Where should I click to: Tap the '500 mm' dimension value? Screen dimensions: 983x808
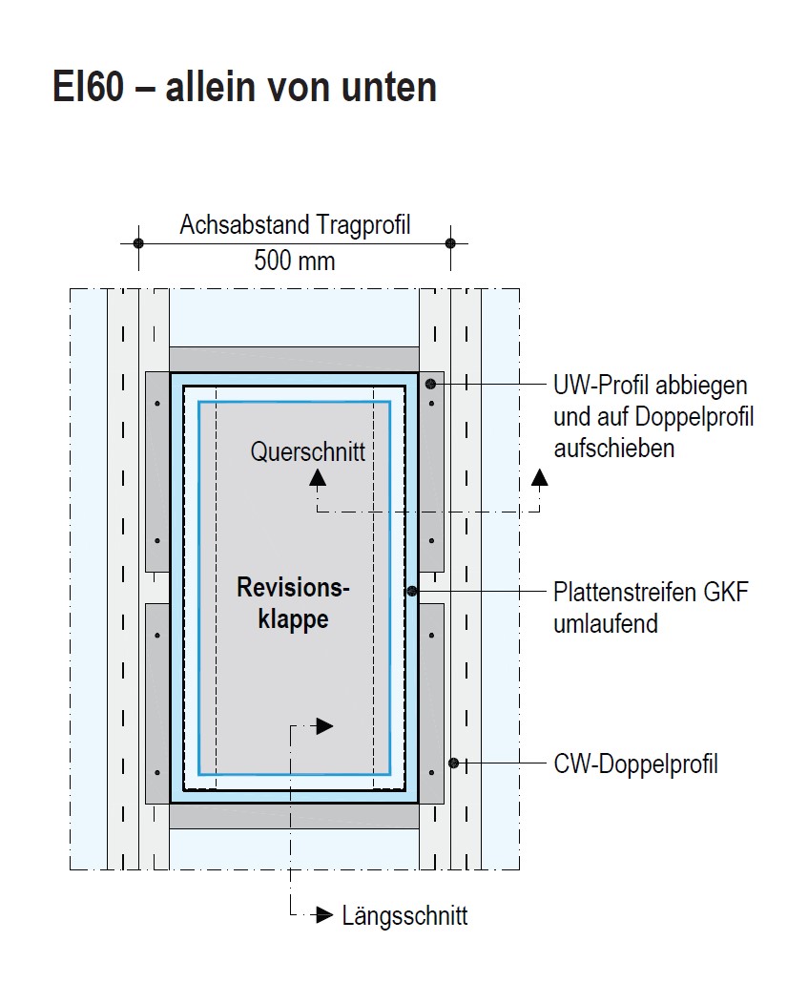click(x=294, y=260)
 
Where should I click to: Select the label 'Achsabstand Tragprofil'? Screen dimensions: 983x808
click(x=295, y=225)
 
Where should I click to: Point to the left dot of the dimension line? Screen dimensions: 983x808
click(x=138, y=243)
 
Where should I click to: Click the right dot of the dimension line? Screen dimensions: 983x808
click(x=451, y=243)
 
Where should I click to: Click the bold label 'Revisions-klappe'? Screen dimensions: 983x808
click(x=293, y=603)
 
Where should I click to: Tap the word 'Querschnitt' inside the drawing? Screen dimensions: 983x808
click(x=307, y=451)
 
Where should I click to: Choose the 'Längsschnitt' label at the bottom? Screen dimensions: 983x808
click(x=404, y=916)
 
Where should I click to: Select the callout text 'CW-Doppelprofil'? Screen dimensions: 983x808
click(x=635, y=763)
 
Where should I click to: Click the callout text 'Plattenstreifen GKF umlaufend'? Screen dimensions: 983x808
click(x=651, y=608)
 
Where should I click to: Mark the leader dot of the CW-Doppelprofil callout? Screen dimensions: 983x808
click(x=453, y=763)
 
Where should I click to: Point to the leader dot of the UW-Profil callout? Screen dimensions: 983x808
click(x=430, y=384)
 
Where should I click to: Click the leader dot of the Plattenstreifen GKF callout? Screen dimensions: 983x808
click(x=412, y=592)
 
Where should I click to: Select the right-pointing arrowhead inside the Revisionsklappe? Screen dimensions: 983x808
click(x=324, y=726)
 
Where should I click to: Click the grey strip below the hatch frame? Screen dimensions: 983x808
click(x=294, y=816)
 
